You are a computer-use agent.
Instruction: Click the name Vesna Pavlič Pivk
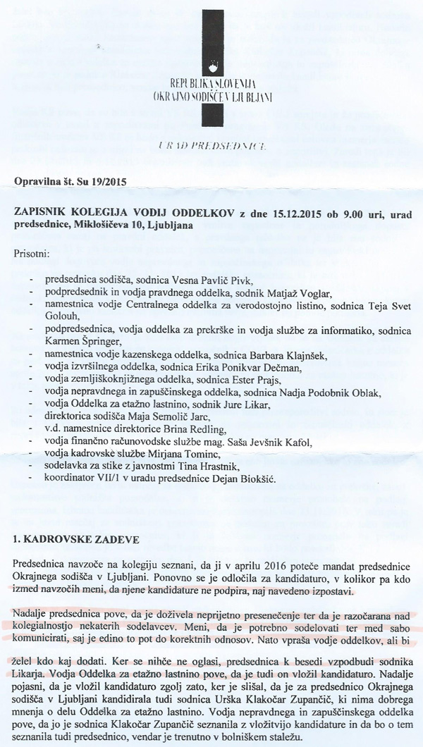coord(219,281)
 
